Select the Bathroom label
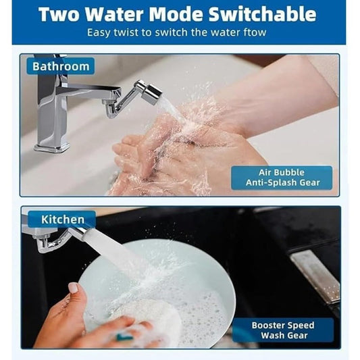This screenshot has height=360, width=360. [61, 66]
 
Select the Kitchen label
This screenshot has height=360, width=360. [63, 219]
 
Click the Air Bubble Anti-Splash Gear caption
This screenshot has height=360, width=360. [281, 178]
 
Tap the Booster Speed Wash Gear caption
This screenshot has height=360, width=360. [282, 330]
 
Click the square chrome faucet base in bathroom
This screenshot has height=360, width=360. [52, 143]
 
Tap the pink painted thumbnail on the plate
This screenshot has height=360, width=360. [73, 288]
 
